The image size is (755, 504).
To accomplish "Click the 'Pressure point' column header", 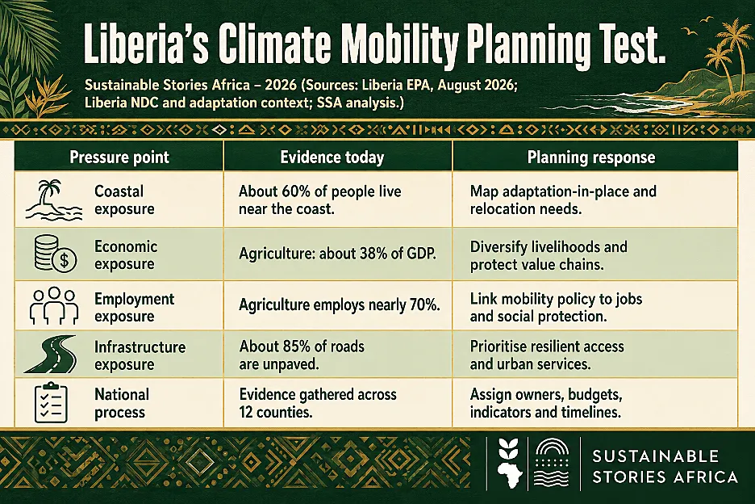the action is tap(119, 157).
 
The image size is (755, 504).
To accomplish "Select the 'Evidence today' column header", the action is tap(332, 157).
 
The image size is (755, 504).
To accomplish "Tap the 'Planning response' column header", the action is tap(591, 157).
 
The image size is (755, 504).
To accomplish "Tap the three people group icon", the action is tap(54, 306).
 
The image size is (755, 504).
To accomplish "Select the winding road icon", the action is tap(50, 354).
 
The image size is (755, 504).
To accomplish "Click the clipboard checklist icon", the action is tap(51, 402).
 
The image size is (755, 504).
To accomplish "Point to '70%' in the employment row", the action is tap(424, 305).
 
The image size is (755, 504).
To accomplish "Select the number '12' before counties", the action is tap(245, 413).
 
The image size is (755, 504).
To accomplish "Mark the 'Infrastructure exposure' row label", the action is tap(140, 355).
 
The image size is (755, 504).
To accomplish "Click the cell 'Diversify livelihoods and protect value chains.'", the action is tap(549, 255).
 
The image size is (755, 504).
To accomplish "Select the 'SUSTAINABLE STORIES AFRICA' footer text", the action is tap(665, 466).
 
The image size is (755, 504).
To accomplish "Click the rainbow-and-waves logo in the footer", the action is tap(552, 464).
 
